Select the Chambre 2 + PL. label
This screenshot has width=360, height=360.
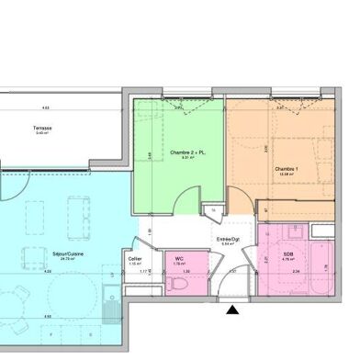coord(186,152)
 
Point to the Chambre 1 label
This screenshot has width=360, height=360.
coord(287,168)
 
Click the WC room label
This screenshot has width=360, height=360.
coord(180,259)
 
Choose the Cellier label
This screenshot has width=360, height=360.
coord(135,259)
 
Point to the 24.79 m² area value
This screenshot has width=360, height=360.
coord(67,260)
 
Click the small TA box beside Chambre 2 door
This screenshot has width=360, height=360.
coord(215,210)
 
